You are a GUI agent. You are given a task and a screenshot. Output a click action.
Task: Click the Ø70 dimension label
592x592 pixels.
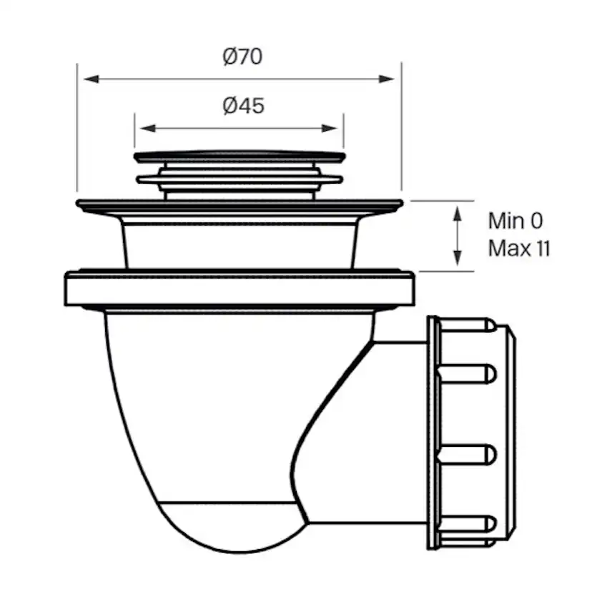242,56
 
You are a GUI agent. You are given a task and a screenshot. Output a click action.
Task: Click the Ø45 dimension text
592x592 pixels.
242,106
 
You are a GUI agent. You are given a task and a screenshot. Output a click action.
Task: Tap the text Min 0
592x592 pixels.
515,221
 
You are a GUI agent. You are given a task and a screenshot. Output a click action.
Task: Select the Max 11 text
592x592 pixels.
519,248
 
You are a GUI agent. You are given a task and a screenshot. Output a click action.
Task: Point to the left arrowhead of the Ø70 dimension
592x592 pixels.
87,79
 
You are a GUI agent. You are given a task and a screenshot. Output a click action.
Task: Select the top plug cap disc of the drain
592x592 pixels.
240,156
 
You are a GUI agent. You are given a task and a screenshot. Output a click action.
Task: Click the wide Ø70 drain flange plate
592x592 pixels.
240,207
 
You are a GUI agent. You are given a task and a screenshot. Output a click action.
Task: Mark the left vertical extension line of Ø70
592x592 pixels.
77,129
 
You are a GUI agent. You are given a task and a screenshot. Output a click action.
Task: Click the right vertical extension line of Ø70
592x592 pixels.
401,129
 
